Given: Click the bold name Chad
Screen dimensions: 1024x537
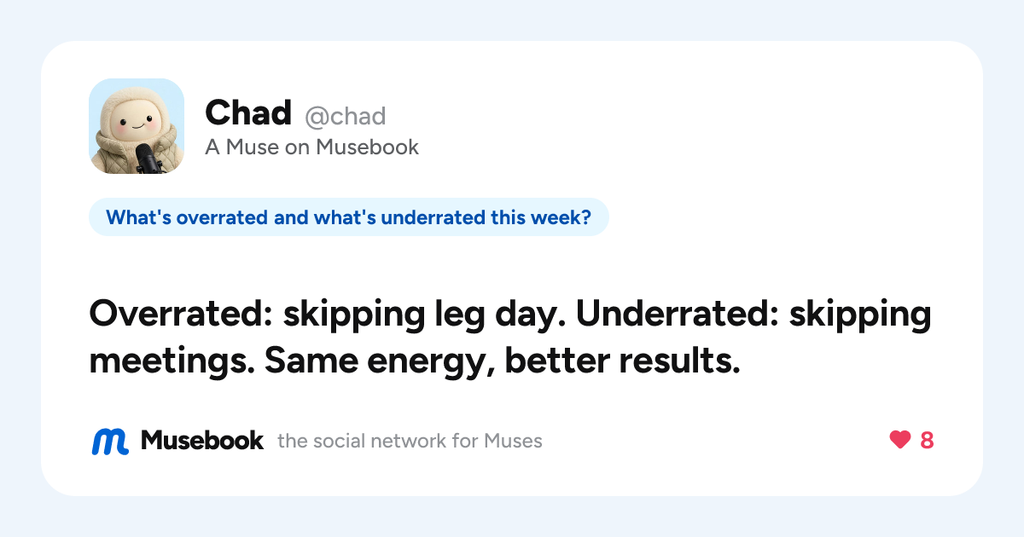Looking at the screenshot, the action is [x=248, y=113].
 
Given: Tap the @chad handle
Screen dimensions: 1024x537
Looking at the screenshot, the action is [x=345, y=117].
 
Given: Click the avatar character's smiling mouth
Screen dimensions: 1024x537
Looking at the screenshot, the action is [x=137, y=125].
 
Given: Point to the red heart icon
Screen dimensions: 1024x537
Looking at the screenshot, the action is [x=900, y=440].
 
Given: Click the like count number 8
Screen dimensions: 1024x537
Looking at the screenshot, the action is [x=927, y=440].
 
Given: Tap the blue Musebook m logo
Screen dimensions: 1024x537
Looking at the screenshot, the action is [x=110, y=442].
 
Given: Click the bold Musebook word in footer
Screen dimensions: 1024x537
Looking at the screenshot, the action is [x=202, y=441].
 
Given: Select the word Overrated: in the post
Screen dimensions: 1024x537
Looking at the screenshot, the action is [x=181, y=314].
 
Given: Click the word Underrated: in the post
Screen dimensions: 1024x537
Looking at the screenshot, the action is [x=677, y=314].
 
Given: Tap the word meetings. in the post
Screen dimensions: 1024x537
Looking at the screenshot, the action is [x=172, y=361].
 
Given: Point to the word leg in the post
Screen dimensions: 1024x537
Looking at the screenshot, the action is [x=460, y=315].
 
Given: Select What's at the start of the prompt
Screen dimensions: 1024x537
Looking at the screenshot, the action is [x=139, y=217].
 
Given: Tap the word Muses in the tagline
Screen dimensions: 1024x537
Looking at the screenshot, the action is [x=513, y=442].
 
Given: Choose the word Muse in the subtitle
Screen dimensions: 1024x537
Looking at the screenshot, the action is [x=252, y=147].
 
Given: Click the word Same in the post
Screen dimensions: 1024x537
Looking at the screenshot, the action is [x=311, y=361].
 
